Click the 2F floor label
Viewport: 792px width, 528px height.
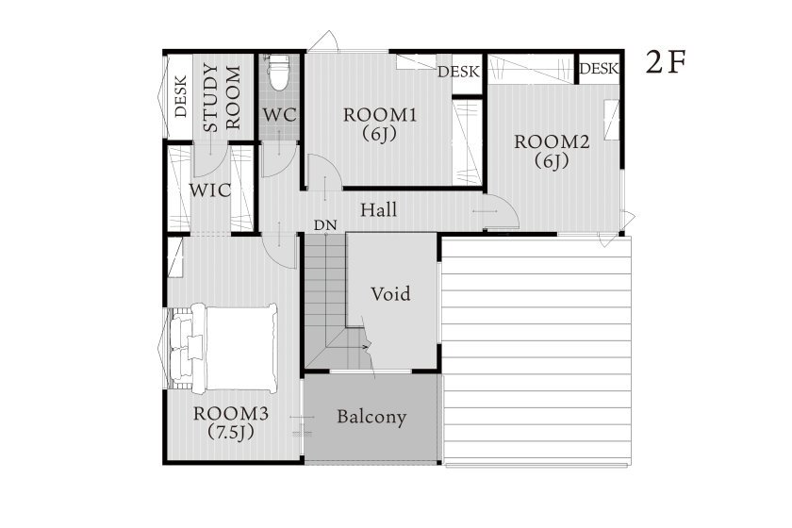(666, 62)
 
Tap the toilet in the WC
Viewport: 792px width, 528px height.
(278, 73)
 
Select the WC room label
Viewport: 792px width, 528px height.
(279, 115)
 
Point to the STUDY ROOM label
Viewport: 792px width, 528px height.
(222, 97)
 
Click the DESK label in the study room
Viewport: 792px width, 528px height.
(181, 96)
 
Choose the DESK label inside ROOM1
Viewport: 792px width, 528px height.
(458, 72)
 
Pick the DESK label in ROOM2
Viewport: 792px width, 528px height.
(599, 68)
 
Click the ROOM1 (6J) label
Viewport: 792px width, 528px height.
(380, 124)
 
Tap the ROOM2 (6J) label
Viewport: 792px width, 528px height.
(552, 151)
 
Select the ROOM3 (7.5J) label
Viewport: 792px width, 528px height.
(231, 422)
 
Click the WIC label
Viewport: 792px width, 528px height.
(210, 190)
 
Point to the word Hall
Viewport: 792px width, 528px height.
(378, 209)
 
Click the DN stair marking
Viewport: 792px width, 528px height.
(325, 225)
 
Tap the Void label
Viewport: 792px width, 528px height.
(390, 293)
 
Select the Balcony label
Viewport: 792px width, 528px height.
(371, 417)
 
